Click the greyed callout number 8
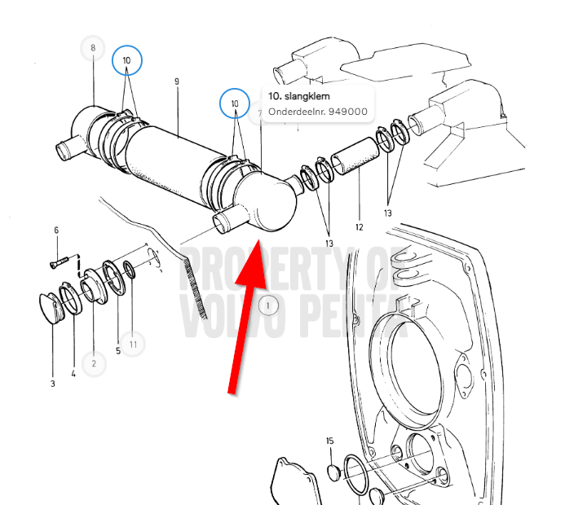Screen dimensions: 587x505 point(93,48)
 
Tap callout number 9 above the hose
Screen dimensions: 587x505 point(177,81)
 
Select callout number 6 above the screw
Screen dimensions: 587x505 point(56,230)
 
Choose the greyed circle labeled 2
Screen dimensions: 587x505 point(94,363)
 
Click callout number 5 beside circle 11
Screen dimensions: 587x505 point(118,351)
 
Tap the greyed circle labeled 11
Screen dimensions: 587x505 point(133,345)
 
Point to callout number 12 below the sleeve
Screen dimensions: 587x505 point(360,227)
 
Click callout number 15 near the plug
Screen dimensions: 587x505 point(330,441)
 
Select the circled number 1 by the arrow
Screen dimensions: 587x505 point(268,306)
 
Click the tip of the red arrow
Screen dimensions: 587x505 point(258,240)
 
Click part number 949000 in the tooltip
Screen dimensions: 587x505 point(348,112)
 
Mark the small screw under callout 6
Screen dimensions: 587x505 point(60,261)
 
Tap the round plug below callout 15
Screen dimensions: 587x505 point(333,473)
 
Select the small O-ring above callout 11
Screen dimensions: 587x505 point(129,270)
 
